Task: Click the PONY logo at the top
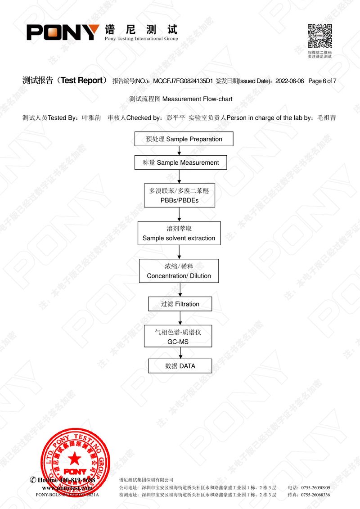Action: click(63, 32)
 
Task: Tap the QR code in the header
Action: click(319, 36)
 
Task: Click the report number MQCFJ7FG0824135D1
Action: click(183, 81)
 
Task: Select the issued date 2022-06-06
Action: click(289, 81)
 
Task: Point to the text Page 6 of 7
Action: click(323, 81)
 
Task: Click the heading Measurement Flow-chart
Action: click(197, 99)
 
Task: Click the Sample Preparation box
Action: click(184, 139)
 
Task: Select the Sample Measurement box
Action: click(180, 162)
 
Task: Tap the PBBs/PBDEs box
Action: click(179, 195)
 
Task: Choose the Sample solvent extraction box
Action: click(179, 233)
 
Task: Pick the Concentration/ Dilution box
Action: click(179, 271)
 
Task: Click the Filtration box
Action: click(180, 304)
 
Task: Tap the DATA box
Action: click(180, 366)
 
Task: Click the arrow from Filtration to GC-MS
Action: click(180, 318)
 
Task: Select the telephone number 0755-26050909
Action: click(315, 488)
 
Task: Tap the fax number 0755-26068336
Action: click(315, 495)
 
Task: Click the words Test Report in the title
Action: click(81, 81)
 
